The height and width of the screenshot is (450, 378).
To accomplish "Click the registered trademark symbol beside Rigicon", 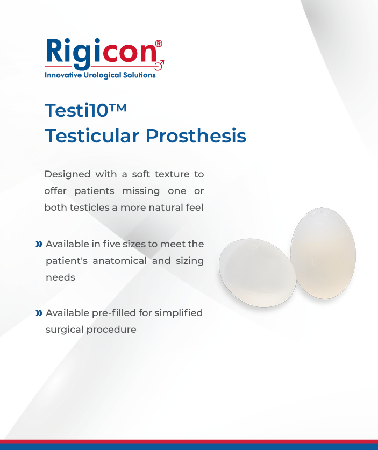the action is tap(159, 44).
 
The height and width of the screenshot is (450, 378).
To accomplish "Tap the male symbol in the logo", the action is tap(160, 65).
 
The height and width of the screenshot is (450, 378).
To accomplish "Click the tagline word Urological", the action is tap(102, 75).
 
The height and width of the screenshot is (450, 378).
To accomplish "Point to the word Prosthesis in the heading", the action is tap(196, 135).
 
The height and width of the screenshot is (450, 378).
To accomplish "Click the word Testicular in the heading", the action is tap(92, 135).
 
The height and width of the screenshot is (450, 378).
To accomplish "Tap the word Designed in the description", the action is tap(67, 175).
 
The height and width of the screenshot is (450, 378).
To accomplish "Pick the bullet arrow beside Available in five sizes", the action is tap(39, 244).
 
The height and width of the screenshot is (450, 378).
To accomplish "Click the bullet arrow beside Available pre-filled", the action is tap(39, 313).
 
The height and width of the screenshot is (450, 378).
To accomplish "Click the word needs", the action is tap(61, 277).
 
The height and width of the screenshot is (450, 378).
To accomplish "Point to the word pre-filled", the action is tap(114, 313).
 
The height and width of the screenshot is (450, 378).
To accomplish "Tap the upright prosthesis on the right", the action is tap(323, 253).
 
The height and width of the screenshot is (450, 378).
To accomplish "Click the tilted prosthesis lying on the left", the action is tap(258, 273).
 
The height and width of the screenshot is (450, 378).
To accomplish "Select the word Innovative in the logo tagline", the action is tap(63, 75).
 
